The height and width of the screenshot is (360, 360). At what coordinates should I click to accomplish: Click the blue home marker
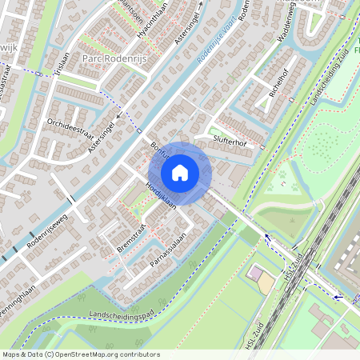[x=180, y=172]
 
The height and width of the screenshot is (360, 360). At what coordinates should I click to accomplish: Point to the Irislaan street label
[x=57, y=65]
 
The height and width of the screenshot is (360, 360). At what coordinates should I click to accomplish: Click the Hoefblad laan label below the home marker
[x=160, y=194]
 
